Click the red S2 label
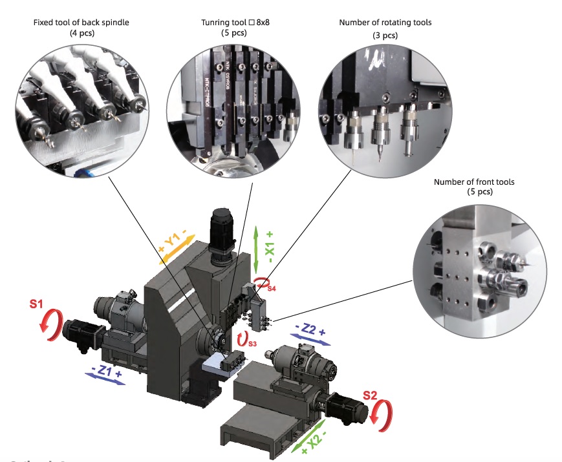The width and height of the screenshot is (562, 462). (371, 395)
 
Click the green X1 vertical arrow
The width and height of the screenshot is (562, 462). (257, 249)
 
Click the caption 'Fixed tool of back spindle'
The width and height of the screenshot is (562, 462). (81, 23)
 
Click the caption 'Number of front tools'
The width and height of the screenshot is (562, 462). (474, 182)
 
